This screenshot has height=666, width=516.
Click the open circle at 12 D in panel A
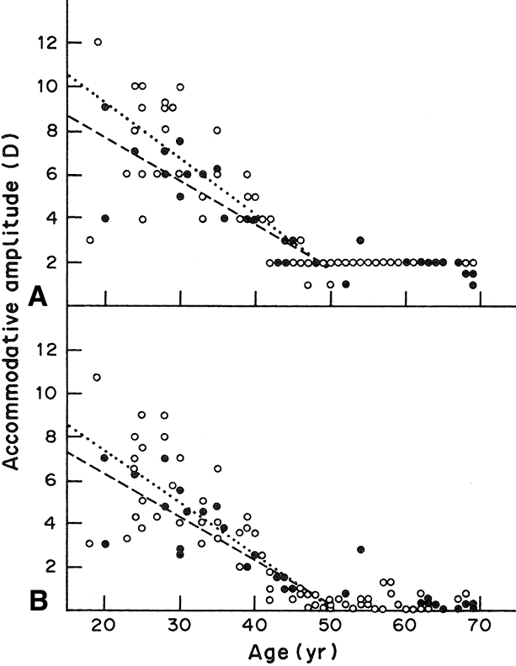coord(98,41)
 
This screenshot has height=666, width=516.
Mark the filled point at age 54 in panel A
coord(360,240)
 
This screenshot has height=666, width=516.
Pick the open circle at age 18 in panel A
coord(90,240)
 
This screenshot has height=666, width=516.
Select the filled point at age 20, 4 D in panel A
coord(105,218)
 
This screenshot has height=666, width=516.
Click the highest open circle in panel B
coord(98,377)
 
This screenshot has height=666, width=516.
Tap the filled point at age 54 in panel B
coord(360,549)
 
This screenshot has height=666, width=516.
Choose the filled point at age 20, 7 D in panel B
coord(105,457)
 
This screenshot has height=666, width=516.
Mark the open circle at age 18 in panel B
coord(90,544)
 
